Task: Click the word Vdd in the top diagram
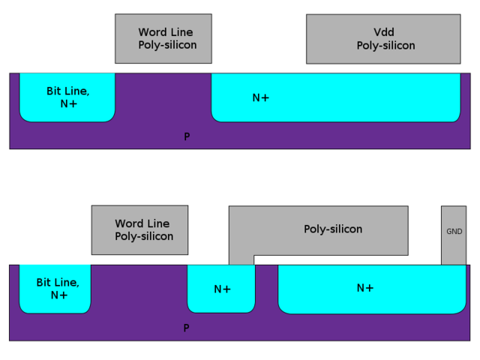click(x=384, y=32)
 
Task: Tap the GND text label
click(x=454, y=232)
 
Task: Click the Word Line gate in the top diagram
click(x=163, y=38)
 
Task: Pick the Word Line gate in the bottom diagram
click(x=139, y=229)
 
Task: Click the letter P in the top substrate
click(x=187, y=136)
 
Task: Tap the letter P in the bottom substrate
click(x=186, y=328)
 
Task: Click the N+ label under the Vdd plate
click(x=260, y=97)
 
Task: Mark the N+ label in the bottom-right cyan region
click(x=364, y=288)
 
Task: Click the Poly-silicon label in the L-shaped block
click(x=332, y=229)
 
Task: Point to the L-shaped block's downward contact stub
click(x=241, y=259)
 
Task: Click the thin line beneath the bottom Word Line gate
click(x=139, y=256)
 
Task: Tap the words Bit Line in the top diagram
click(x=67, y=91)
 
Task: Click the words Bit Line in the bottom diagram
click(x=57, y=282)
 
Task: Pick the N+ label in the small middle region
click(x=222, y=289)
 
